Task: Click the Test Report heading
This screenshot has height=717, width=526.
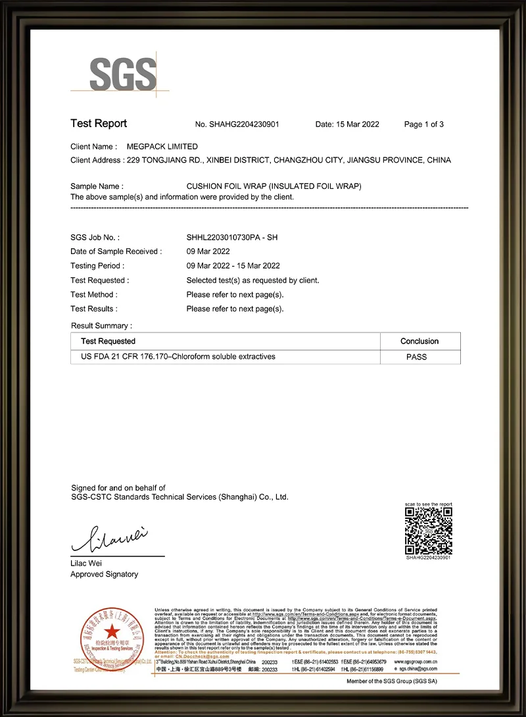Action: click(x=99, y=124)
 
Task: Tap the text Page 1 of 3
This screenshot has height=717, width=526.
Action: click(x=424, y=124)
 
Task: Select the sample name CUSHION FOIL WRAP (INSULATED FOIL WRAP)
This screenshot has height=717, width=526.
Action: click(x=274, y=186)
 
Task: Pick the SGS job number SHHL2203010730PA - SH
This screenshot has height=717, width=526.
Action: click(x=232, y=237)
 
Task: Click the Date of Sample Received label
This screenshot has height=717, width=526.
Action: click(x=114, y=252)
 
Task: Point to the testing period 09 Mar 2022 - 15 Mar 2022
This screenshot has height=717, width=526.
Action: click(x=233, y=266)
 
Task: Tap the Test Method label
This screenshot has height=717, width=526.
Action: click(x=93, y=294)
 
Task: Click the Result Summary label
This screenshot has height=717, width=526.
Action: click(x=101, y=326)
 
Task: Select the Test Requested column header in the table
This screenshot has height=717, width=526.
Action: click(x=108, y=341)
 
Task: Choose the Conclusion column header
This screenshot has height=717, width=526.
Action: click(x=419, y=341)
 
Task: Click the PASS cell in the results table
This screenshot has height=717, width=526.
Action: click(x=417, y=357)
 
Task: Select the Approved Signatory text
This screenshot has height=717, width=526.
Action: click(x=104, y=574)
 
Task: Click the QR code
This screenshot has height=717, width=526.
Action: click(x=428, y=531)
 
